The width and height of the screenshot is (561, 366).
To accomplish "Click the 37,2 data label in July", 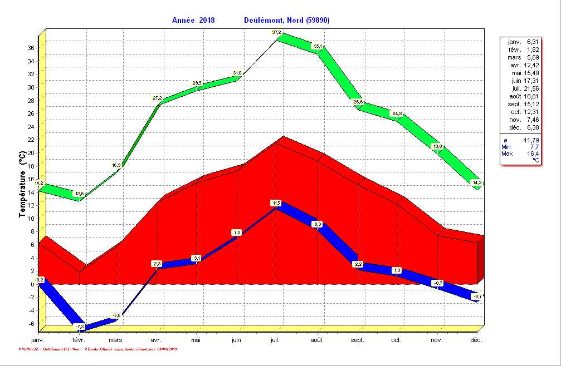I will [x=276, y=33].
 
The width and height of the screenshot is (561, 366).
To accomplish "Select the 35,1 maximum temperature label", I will [x=318, y=46].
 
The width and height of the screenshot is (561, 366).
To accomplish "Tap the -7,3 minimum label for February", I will [x=80, y=326].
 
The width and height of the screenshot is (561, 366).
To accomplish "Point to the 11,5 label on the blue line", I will [x=276, y=203].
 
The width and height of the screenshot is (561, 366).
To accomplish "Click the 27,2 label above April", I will [x=157, y=98].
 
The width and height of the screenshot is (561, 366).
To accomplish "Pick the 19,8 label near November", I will [x=437, y=146].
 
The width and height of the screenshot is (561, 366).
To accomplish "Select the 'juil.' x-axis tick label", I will [x=276, y=340].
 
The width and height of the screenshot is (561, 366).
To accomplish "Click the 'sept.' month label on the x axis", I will [x=357, y=340].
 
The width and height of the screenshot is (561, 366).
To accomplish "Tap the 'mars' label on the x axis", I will [x=115, y=340].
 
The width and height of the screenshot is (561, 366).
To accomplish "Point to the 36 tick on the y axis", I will [x=31, y=48].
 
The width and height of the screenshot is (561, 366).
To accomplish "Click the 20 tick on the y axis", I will [x=31, y=153].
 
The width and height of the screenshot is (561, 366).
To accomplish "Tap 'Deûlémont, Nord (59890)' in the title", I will [x=287, y=21].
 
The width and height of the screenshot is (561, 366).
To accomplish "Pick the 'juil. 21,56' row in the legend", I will [x=522, y=88].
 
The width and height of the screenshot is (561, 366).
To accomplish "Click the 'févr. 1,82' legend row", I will [x=522, y=50].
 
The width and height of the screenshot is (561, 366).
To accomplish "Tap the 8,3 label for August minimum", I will [x=318, y=224].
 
